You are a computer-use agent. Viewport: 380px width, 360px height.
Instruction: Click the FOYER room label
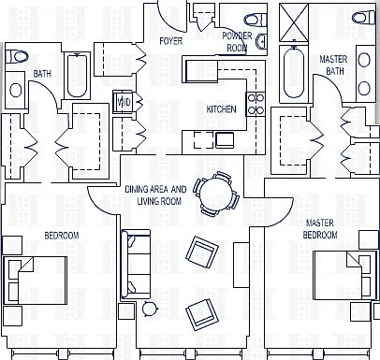(x=170, y=41)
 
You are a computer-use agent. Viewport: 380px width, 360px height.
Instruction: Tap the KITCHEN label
(x=221, y=109)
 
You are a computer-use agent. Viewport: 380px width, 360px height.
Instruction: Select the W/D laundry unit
(x=124, y=102)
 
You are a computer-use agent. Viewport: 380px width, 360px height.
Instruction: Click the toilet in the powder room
(x=255, y=20)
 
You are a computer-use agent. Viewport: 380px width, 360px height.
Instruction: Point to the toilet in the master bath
(x=363, y=17)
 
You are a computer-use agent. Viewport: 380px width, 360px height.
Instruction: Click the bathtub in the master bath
(x=293, y=74)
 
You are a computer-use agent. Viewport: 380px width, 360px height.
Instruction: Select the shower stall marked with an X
(x=294, y=22)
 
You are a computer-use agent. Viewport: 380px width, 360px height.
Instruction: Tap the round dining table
(x=216, y=194)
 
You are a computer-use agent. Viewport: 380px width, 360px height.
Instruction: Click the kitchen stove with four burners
(x=256, y=105)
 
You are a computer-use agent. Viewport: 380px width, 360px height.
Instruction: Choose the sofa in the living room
(x=136, y=265)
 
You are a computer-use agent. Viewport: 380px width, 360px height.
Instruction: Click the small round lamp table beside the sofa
(x=150, y=309)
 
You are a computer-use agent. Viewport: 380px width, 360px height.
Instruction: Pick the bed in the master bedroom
(x=344, y=275)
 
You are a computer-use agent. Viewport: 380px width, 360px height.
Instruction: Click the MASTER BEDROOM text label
(x=320, y=229)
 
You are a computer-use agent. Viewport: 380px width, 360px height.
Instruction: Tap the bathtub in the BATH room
(x=77, y=75)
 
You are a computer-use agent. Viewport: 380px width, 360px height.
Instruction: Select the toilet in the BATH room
(x=17, y=56)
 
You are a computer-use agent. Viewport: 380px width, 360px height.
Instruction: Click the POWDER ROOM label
(x=237, y=42)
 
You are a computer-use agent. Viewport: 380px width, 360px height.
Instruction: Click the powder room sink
(x=261, y=42)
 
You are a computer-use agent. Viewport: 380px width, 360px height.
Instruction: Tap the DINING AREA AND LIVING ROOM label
(x=155, y=195)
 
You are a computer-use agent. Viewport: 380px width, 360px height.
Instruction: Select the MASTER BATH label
(x=333, y=65)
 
